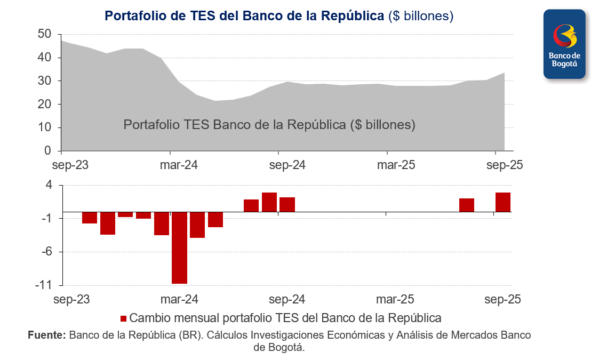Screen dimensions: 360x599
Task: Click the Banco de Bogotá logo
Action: tap(564, 44)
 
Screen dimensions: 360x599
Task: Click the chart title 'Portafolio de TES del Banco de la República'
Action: tap(244, 16)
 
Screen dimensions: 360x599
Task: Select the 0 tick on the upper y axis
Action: tap(47, 151)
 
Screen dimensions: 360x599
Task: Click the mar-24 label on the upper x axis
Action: tap(179, 165)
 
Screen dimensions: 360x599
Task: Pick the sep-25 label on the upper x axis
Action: tap(504, 165)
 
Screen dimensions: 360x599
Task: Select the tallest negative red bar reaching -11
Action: tap(179, 247)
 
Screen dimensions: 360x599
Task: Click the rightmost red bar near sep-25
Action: tap(503, 202)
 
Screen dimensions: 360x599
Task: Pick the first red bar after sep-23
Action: tap(90, 218)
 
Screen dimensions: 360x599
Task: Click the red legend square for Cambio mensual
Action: tap(124, 318)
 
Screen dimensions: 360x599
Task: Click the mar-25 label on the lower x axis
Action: tap(396, 299)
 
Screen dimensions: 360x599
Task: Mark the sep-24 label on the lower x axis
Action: tap(287, 299)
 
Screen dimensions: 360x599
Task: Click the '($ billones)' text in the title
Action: tap(421, 16)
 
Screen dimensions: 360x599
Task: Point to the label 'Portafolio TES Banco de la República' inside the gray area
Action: tap(269, 125)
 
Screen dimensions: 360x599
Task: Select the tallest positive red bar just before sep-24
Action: tap(269, 202)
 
